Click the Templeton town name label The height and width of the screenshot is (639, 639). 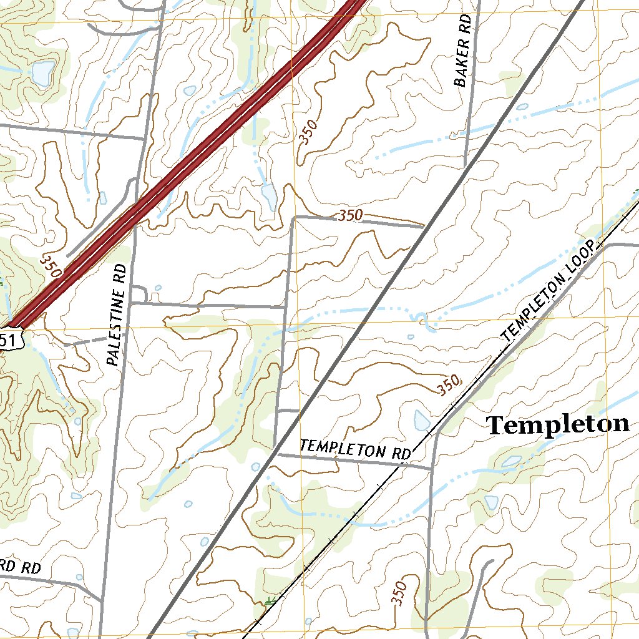pos(557,425)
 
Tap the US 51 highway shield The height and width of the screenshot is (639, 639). pos(11,339)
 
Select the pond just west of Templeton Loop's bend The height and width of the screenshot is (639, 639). pos(422,421)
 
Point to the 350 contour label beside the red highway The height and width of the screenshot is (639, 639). pos(50,265)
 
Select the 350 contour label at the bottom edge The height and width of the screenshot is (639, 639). pos(400,593)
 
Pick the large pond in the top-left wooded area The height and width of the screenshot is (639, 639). pos(42,74)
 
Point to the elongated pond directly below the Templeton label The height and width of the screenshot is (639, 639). pos(512,461)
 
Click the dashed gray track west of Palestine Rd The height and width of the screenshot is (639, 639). pos(87,341)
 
